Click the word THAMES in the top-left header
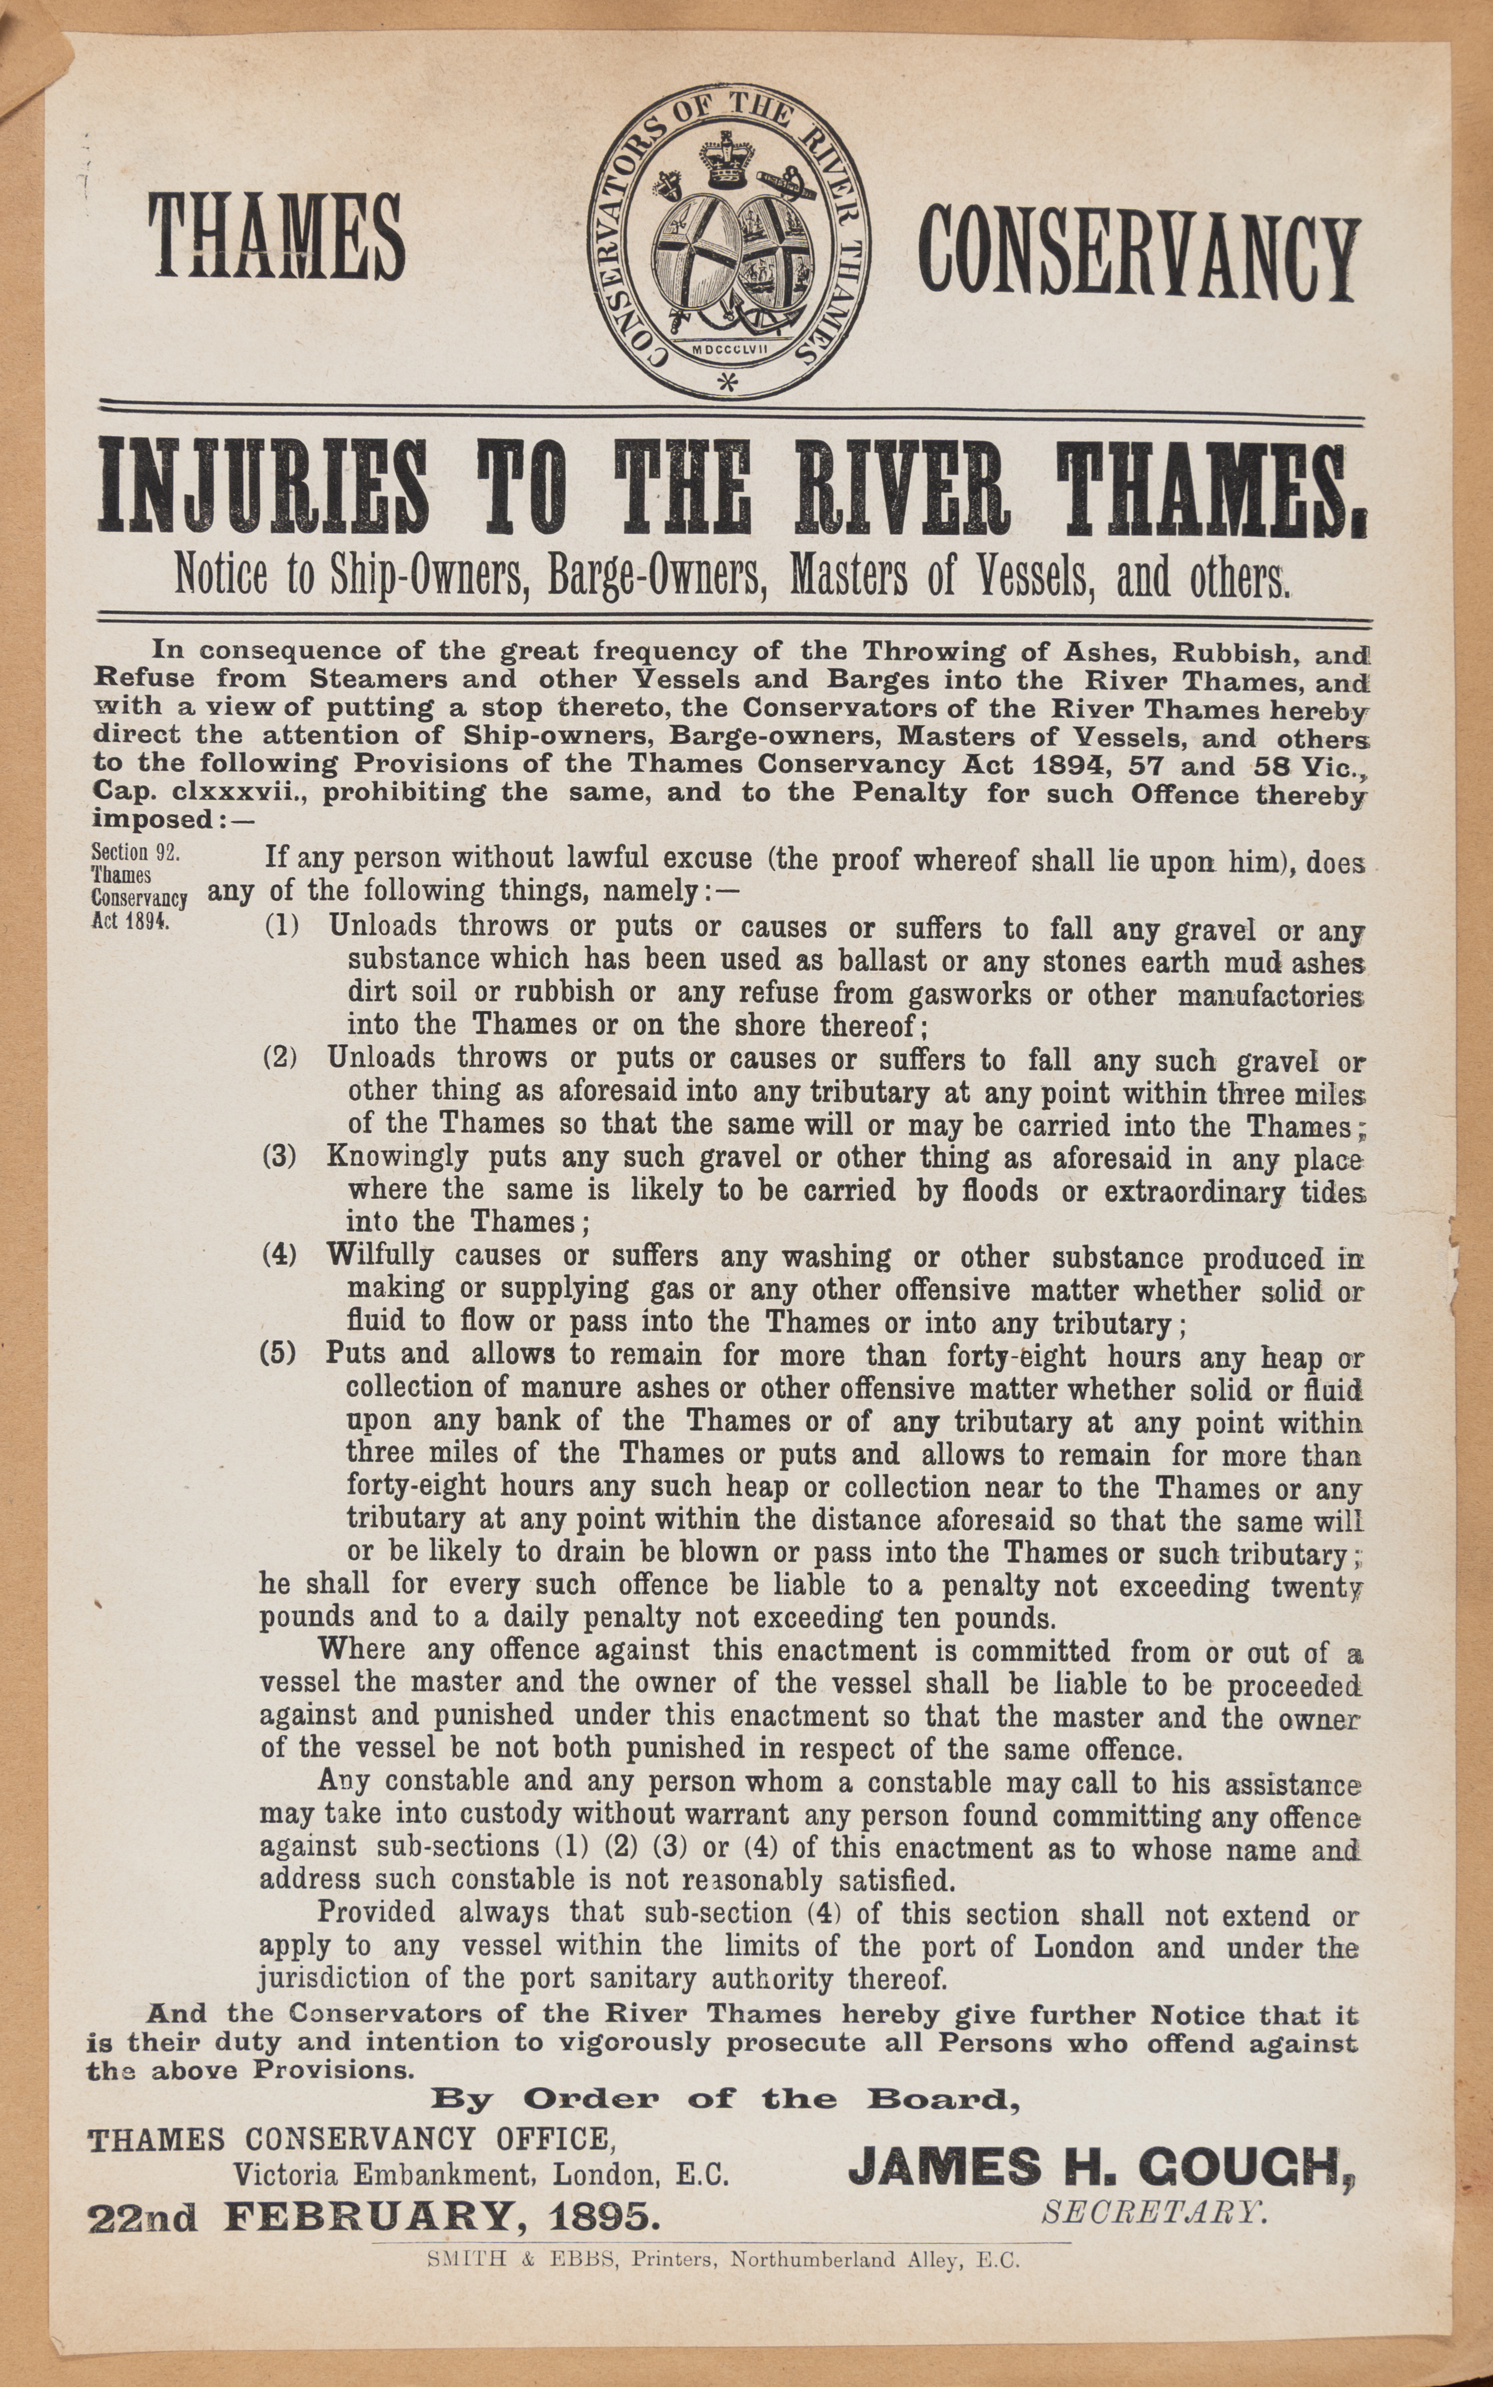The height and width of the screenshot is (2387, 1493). [x=277, y=237]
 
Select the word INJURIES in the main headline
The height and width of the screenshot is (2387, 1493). [x=265, y=487]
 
